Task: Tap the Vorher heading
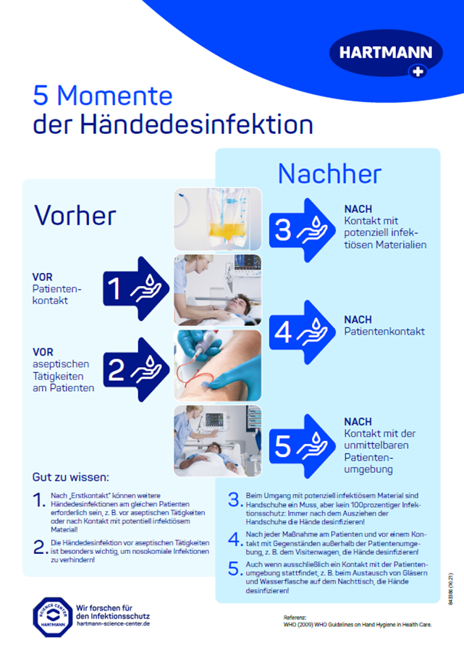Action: pos(75,214)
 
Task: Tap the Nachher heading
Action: pos(329,174)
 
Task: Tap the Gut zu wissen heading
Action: pos(71,477)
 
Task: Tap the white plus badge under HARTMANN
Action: pos(418,71)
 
